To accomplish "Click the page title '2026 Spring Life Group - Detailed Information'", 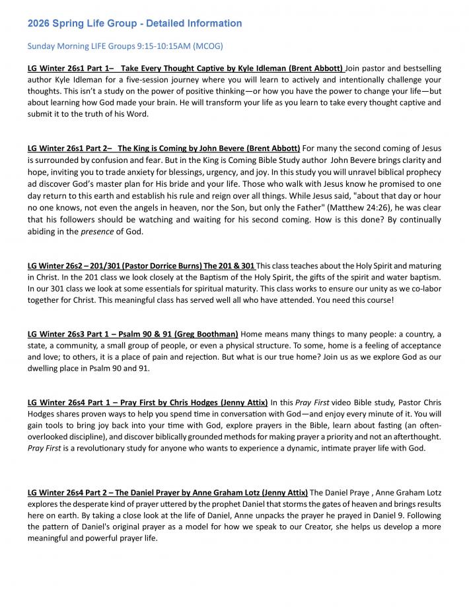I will pyautogui.click(x=135, y=24).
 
